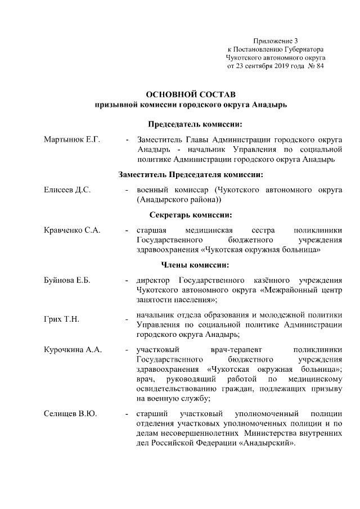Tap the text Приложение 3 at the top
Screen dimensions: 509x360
pos(275,41)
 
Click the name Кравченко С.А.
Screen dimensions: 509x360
pos(71,230)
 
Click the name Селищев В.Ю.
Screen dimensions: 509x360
pos(70,414)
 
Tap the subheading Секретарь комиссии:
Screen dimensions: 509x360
pos(191,215)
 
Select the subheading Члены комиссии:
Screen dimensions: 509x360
pos(191,265)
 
